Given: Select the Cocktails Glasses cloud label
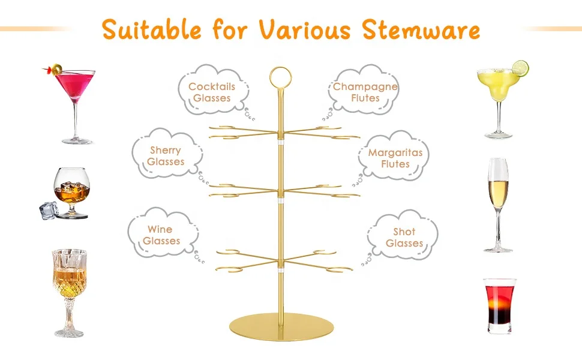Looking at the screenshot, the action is (212, 92).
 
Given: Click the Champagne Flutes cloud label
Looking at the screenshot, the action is (365, 92).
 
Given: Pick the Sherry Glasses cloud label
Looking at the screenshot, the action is (166, 155).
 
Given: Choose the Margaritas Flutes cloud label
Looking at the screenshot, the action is (395, 158).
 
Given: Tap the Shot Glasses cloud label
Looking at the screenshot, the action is (404, 237).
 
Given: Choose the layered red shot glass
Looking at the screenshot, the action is (500, 305).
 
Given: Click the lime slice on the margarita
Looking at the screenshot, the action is (520, 68).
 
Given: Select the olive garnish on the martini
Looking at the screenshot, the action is (56, 70).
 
